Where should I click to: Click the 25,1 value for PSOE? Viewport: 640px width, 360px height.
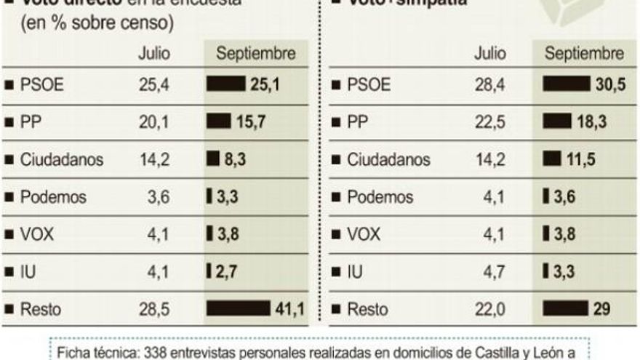(x=265, y=85)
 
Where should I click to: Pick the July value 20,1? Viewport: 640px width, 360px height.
(x=154, y=123)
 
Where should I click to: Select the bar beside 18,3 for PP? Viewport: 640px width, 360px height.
(x=558, y=123)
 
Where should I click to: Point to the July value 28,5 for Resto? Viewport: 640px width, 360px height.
(x=154, y=309)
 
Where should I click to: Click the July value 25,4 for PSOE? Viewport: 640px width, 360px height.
(x=154, y=85)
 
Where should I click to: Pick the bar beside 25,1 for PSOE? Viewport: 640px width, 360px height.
(x=226, y=85)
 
